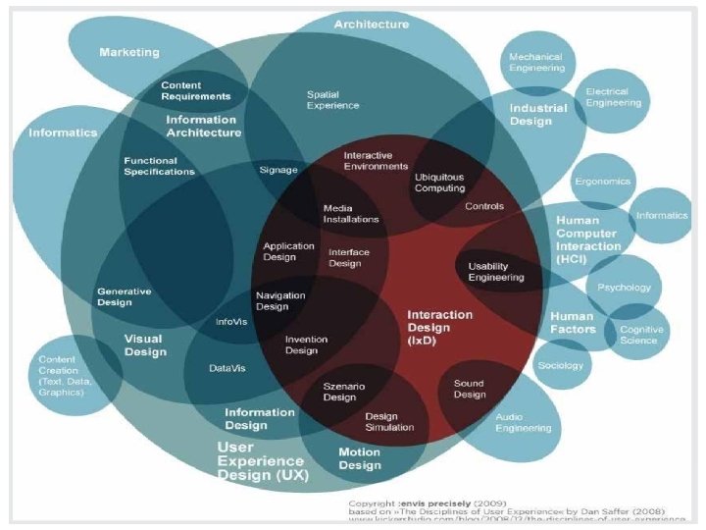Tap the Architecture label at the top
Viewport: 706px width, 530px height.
372,24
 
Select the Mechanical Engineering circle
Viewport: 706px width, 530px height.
536,62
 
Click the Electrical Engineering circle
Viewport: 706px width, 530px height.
612,96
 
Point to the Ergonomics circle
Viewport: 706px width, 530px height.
602,182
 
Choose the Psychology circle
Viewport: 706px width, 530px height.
625,287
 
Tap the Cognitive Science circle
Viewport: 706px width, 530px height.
638,335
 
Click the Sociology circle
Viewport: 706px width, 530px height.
561,365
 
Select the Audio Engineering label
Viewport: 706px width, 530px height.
523,422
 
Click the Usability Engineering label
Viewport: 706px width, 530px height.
495,272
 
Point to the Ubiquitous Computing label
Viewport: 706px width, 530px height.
439,183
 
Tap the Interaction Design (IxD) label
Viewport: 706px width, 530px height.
439,327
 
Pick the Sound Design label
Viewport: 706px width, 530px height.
470,389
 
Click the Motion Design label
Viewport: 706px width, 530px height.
360,458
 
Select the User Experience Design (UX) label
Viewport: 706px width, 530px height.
263,460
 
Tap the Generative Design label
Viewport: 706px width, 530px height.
124,296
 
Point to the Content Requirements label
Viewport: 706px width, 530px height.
196,91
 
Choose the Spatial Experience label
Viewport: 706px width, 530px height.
332,100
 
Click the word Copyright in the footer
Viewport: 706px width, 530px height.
374,501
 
